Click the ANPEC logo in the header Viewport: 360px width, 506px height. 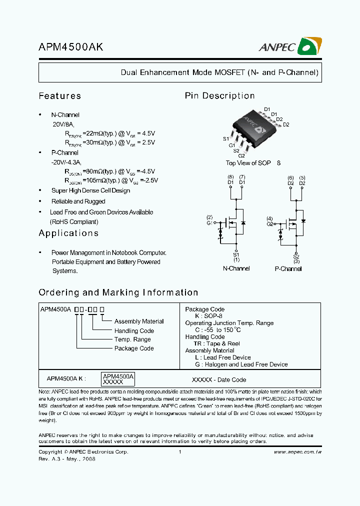[290, 46]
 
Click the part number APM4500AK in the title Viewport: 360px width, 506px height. [71, 47]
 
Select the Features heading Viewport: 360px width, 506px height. [60, 96]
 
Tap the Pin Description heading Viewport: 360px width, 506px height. [220, 96]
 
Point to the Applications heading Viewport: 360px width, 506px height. [68, 233]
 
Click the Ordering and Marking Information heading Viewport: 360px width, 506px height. [118, 292]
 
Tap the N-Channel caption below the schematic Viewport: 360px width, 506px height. [236, 268]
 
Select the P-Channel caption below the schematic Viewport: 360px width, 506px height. [288, 268]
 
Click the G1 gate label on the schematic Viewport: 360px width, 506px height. [209, 223]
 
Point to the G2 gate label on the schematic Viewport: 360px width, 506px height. [270, 224]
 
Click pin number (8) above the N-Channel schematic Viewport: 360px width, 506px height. [230, 177]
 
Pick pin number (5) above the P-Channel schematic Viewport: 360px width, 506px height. [302, 177]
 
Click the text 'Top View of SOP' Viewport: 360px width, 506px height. [248, 163]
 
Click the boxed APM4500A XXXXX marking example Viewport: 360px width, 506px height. [118, 378]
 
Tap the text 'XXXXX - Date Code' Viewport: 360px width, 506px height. [219, 379]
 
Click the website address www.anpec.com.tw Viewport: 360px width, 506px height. [297, 451]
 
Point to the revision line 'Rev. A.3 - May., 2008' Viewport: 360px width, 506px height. [66, 458]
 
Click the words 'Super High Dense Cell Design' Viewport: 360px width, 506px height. [90, 190]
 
